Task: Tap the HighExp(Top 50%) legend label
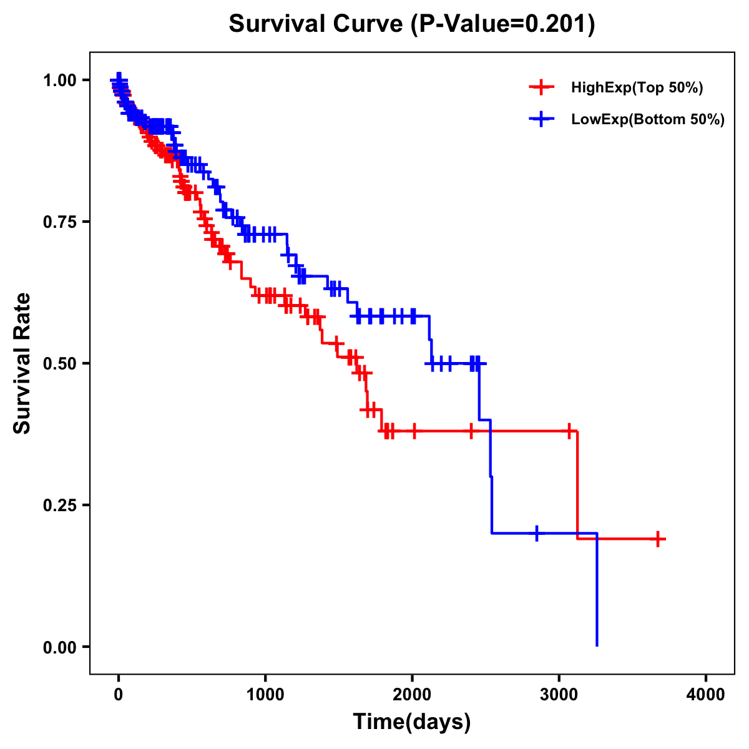(637, 88)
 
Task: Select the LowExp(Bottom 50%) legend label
(648, 120)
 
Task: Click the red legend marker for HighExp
(541, 87)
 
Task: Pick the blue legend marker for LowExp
(541, 119)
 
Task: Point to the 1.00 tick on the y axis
(59, 81)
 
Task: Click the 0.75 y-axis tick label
(59, 222)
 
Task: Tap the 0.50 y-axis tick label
(59, 363)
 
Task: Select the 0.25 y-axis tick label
(59, 505)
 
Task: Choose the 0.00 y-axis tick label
(59, 647)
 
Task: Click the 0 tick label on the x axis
(119, 695)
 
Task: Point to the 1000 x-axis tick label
(265, 695)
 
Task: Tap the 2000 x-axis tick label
(412, 695)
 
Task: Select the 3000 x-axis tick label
(559, 695)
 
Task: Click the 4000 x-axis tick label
(706, 695)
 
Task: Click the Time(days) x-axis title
(412, 722)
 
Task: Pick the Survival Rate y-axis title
(22, 363)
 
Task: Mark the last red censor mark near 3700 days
(658, 539)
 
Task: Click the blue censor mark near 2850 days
(537, 533)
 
